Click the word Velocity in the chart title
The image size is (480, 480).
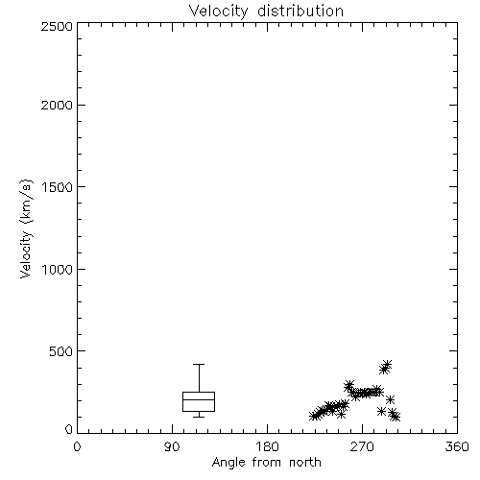tap(218, 12)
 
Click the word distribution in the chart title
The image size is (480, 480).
tap(300, 11)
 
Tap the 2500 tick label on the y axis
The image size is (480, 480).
tap(57, 26)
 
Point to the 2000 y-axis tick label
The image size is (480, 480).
tap(57, 105)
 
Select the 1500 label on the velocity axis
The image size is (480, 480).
tap(58, 187)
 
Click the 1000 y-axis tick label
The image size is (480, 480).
tap(58, 270)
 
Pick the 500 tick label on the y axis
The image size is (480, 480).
tap(61, 351)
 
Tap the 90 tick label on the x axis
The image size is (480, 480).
tap(172, 446)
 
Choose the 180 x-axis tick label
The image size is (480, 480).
tap(266, 446)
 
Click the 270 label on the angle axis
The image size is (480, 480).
tap(362, 446)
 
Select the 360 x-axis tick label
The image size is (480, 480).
tap(457, 446)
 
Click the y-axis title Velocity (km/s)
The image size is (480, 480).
tap(26, 228)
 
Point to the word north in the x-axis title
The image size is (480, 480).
tap(305, 462)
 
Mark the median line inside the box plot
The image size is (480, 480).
tap(199, 399)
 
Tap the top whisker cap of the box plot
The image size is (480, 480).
tap(199, 364)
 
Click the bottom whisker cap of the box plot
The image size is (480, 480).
tap(199, 417)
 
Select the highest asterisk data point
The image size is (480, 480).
tap(387, 365)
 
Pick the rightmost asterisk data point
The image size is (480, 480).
tap(396, 417)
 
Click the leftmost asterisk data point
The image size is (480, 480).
tap(314, 416)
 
